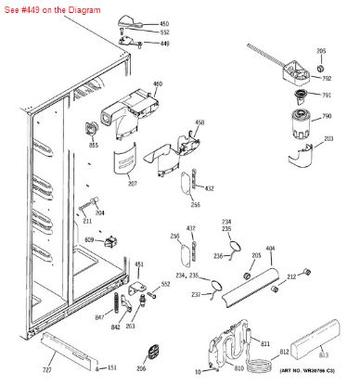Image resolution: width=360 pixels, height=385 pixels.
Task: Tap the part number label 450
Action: point(164,22)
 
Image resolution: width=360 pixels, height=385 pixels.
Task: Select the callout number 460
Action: point(158,84)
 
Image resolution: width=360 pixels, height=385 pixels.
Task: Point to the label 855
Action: point(93,146)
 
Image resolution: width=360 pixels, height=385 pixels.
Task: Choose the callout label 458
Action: point(199,122)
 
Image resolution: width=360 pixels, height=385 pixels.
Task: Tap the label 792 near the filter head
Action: point(327,79)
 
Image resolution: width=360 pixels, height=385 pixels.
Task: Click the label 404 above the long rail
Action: point(270,250)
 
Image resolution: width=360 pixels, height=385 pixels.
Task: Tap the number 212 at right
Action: point(317,276)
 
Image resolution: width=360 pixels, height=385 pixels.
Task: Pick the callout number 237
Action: point(196,296)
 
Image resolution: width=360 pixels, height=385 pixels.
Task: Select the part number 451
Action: point(139,264)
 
